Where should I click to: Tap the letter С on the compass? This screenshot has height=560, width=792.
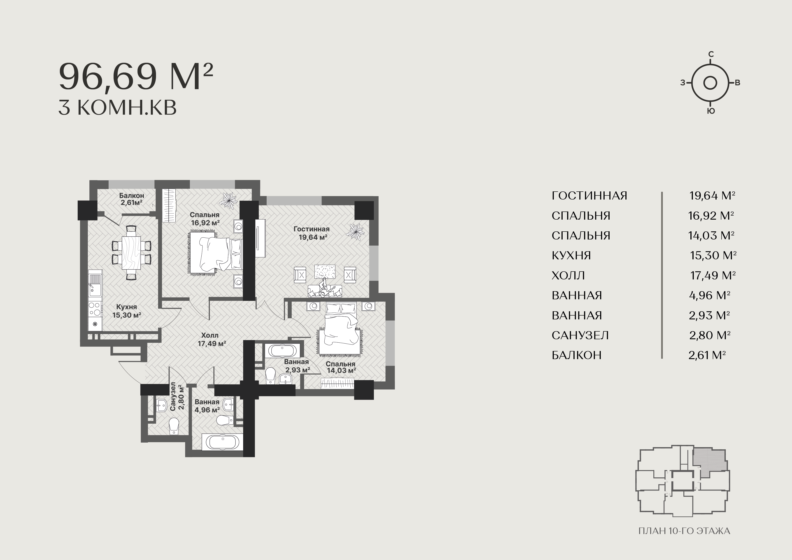pyautogui.click(x=711, y=54)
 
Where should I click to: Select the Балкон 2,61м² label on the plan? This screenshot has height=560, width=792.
pyautogui.click(x=132, y=199)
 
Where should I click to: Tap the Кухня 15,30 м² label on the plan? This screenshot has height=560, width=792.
pyautogui.click(x=127, y=311)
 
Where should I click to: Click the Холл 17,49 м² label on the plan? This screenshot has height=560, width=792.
pyautogui.click(x=212, y=339)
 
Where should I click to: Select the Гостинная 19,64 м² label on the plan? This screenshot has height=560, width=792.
pyautogui.click(x=312, y=233)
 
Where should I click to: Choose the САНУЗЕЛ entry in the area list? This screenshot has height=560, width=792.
pyautogui.click(x=580, y=335)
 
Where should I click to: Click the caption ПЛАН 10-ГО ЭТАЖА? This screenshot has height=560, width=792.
pyautogui.click(x=684, y=531)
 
